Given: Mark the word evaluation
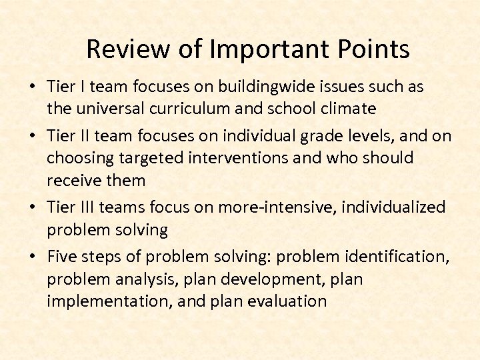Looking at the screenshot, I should point(287,301).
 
